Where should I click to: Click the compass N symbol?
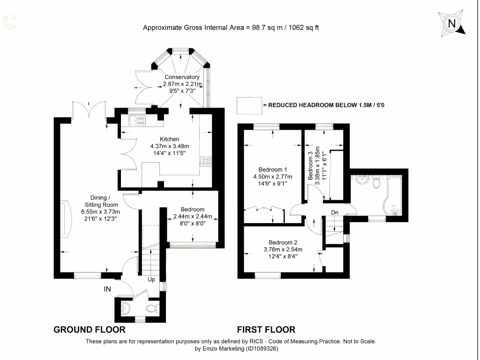pos(452,23)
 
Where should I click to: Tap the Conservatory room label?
pos(182,77)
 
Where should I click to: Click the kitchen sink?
pos(135,121)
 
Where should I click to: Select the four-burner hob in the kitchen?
pos(205,161)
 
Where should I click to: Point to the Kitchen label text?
pos(169,139)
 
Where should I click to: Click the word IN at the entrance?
pos(107,289)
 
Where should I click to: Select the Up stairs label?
pos(151,280)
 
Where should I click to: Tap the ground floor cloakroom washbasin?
pos(126,307)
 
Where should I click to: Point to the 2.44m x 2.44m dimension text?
pos(192,217)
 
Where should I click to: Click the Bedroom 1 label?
pos(273,169)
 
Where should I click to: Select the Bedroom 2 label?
pos(283,242)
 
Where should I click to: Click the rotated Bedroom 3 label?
pos(310,165)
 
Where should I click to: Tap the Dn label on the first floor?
pos(335,212)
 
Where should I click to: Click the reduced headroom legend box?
pos(249,105)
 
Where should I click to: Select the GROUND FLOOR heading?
pos(90,330)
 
